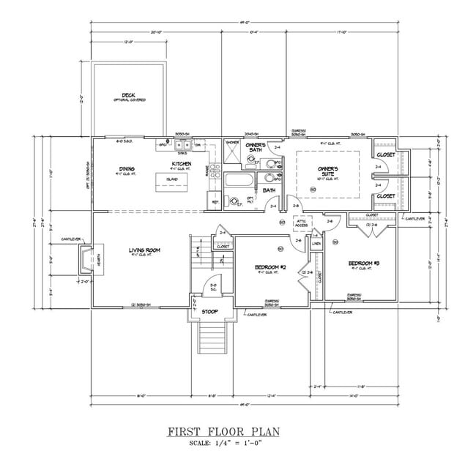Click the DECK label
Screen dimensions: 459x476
128,94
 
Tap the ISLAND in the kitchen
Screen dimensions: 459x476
173,179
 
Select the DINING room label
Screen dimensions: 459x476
127,169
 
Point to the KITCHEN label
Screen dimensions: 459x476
182,163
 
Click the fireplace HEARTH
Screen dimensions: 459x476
89,259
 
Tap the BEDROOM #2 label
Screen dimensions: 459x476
269,267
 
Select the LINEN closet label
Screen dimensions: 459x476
316,242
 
